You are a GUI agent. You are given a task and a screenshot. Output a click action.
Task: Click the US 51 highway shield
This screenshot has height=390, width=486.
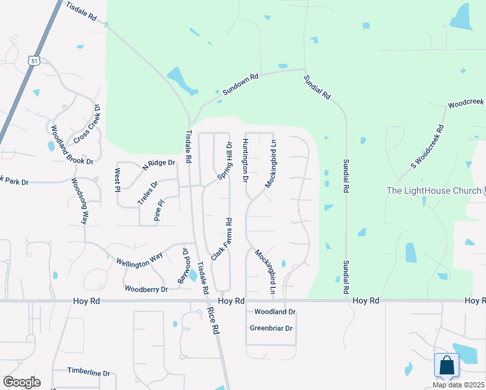tap(33, 60)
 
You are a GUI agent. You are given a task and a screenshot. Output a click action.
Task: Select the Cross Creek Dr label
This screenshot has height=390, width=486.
tap(88, 124)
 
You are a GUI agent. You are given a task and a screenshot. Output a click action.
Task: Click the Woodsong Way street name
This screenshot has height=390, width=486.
tap(79, 201)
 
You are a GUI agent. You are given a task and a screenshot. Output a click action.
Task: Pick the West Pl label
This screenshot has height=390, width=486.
tap(118, 181)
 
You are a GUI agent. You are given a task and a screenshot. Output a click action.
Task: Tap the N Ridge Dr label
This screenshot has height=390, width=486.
tap(159, 165)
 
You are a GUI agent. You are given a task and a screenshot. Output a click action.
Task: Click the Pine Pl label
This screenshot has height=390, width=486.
tap(157, 213)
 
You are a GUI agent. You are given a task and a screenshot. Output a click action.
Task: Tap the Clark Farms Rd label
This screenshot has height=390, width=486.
tap(221, 240)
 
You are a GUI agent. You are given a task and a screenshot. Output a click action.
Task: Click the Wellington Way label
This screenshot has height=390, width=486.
tap(139, 260)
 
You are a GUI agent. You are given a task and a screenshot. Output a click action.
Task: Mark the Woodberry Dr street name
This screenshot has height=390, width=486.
tap(146, 289)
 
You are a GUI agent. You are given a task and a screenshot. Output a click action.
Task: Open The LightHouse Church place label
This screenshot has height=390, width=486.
tap(432, 190)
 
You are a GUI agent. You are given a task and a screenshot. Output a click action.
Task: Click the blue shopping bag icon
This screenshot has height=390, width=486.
tap(446, 366)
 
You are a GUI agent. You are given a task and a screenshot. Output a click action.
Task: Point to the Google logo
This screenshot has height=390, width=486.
tap(21, 382)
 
